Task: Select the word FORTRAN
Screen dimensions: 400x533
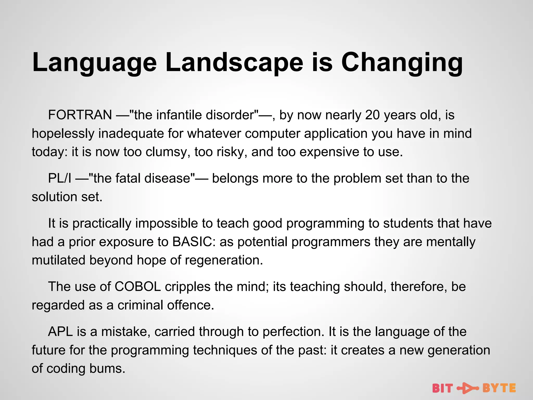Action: click(80, 115)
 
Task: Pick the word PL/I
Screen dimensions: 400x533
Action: click(60, 179)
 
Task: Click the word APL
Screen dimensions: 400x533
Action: click(60, 332)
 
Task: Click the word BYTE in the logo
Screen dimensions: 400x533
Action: click(499, 388)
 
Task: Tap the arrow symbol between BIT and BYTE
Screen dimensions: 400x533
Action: click(468, 388)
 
